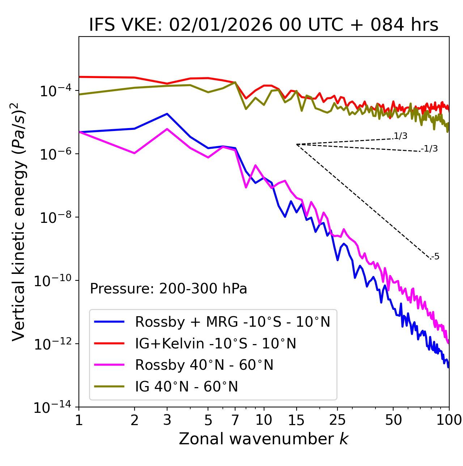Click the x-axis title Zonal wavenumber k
(x=263, y=439)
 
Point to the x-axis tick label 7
(x=235, y=420)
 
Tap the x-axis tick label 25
(x=337, y=420)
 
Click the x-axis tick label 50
(x=394, y=420)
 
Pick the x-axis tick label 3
(x=167, y=420)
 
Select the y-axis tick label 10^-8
(x=55, y=217)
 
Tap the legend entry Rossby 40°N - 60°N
(x=204, y=365)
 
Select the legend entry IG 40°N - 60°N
(x=187, y=387)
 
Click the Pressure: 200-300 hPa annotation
(x=169, y=289)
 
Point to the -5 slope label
(x=435, y=257)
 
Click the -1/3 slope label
(x=429, y=149)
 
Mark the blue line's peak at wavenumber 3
(x=167, y=114)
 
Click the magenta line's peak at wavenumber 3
(x=167, y=129)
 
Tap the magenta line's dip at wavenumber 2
(x=135, y=153)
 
